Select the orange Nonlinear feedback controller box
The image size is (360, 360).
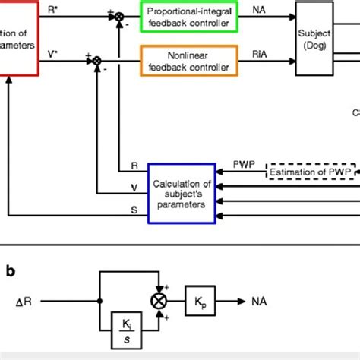[x=189, y=58]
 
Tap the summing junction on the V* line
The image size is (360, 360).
[x=97, y=58]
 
